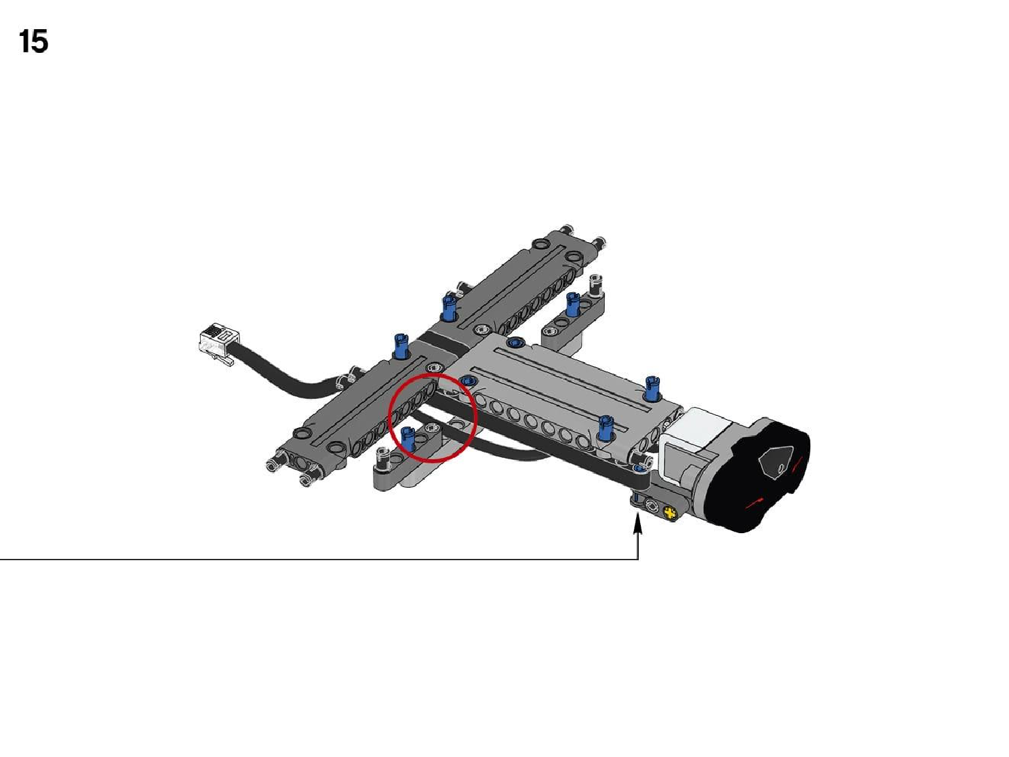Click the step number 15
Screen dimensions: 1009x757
(x=33, y=41)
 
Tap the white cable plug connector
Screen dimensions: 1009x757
(x=218, y=344)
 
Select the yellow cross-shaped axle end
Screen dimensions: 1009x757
(x=671, y=511)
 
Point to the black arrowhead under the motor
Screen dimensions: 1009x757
(x=637, y=524)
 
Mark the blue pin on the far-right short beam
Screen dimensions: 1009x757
(x=572, y=304)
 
